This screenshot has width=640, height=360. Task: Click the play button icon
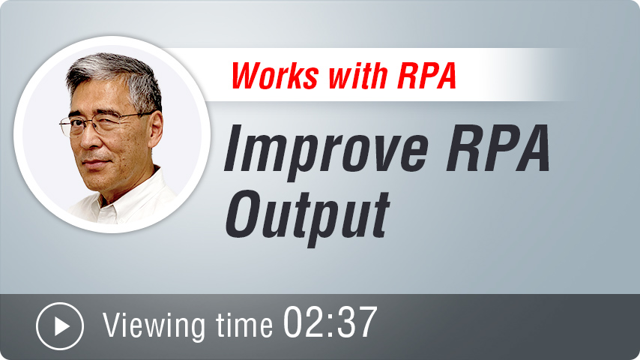60,326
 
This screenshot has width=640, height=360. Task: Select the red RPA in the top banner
427,76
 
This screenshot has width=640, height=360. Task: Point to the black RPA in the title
498,148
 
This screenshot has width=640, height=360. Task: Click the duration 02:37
330,322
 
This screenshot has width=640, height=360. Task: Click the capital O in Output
245,214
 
